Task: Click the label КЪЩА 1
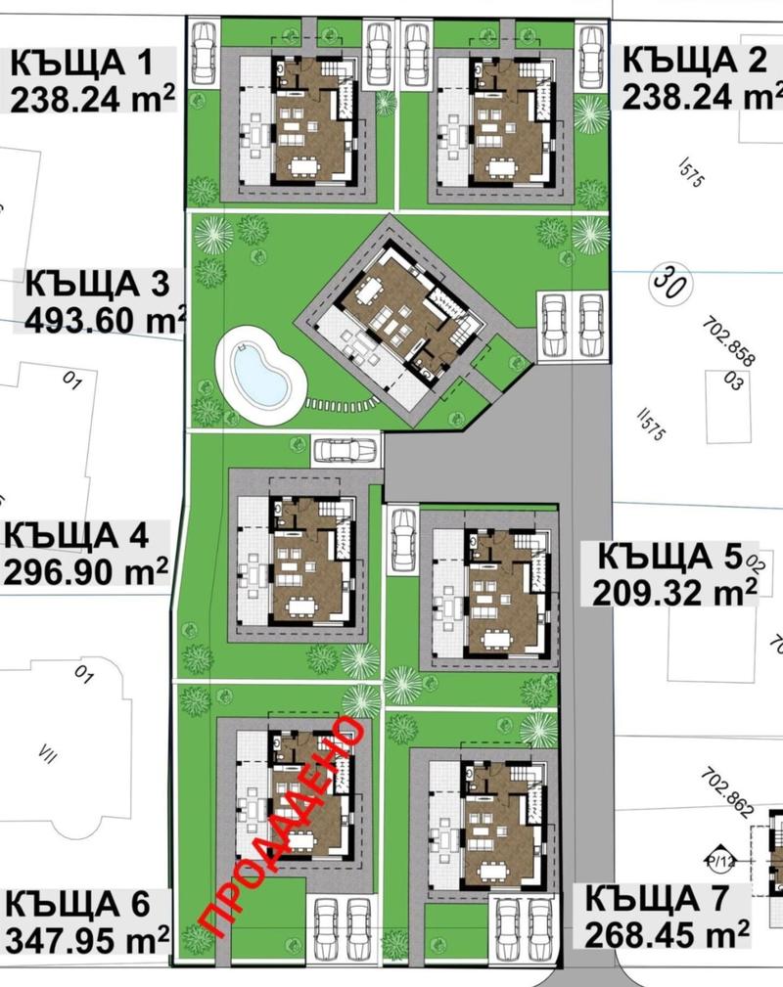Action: click(x=82, y=63)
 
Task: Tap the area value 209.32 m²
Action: click(x=674, y=592)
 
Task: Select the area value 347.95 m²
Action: click(x=87, y=940)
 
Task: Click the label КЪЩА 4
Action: click(x=76, y=535)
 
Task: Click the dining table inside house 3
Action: click(x=370, y=290)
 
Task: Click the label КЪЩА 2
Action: click(x=695, y=60)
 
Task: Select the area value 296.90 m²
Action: click(x=86, y=571)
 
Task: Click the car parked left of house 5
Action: click(x=401, y=538)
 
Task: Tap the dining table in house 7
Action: click(x=493, y=872)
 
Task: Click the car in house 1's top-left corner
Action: click(x=203, y=53)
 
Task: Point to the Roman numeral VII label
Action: click(x=48, y=753)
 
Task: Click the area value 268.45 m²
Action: click(x=668, y=934)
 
